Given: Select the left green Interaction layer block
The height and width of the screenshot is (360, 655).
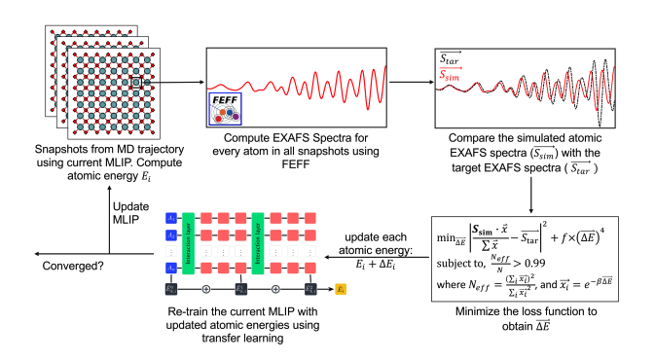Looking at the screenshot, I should coord(189,242).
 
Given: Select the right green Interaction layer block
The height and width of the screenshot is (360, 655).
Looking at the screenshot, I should coord(259,242).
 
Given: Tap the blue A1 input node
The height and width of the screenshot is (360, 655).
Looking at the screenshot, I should coord(170,219).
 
